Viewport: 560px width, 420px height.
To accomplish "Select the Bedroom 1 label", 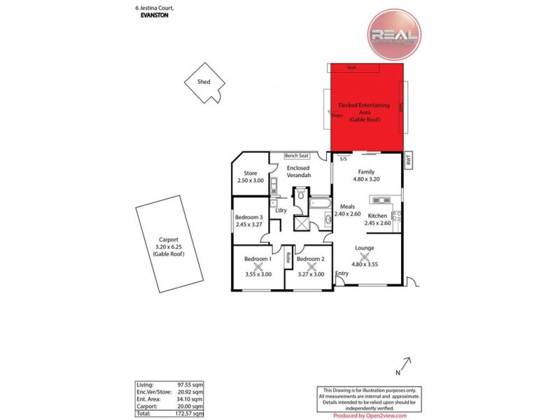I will pyautogui.click(x=258, y=259).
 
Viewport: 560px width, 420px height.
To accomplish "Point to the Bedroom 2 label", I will pyautogui.click(x=310, y=259).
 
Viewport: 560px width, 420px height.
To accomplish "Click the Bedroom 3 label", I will pyautogui.click(x=248, y=216).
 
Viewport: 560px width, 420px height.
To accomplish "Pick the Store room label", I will pyautogui.click(x=250, y=173).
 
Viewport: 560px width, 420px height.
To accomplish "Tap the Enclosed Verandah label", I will pyautogui.click(x=298, y=171).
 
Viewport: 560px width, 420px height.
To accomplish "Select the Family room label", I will pyautogui.click(x=367, y=171).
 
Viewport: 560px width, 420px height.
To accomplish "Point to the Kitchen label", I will pyautogui.click(x=378, y=215).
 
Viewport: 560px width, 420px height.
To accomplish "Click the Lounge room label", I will pyautogui.click(x=364, y=248).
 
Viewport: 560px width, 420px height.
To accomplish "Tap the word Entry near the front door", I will pyautogui.click(x=342, y=273).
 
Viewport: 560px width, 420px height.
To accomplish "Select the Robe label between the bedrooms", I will pyautogui.click(x=288, y=258).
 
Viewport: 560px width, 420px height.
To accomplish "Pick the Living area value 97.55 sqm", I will pyautogui.click(x=190, y=384).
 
